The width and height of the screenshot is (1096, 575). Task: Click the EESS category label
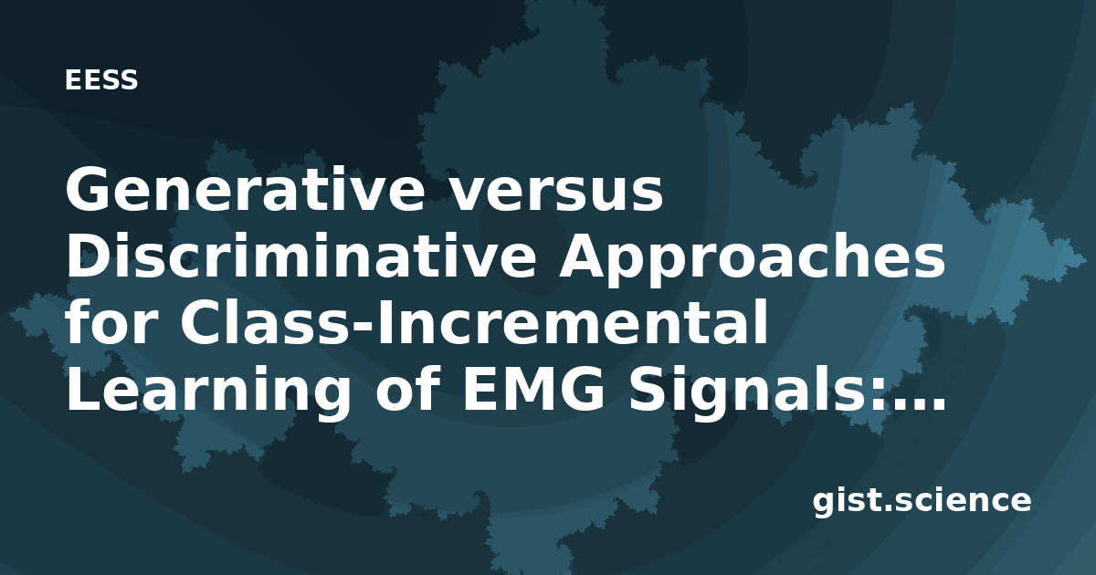[x=101, y=79]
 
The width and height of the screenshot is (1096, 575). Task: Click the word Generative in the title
[x=245, y=190]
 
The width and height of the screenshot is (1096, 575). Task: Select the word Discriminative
[x=300, y=256]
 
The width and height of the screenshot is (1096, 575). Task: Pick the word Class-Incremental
[x=474, y=323]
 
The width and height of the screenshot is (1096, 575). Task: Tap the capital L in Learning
[x=83, y=389]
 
